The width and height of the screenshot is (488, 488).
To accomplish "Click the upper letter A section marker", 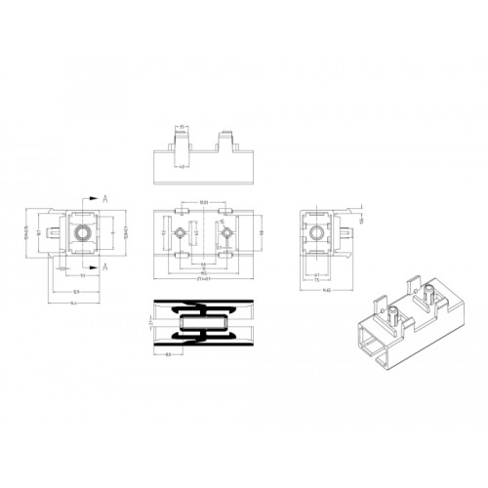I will (103, 196).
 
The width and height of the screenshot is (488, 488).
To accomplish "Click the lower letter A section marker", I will (103, 266).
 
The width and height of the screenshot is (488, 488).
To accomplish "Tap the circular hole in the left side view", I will (82, 232).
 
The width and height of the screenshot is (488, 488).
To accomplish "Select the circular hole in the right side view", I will (315, 232).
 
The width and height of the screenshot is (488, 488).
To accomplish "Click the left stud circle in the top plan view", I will (181, 234).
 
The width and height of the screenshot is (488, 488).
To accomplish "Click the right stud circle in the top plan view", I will (226, 234).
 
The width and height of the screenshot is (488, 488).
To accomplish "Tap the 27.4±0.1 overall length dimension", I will (203, 279).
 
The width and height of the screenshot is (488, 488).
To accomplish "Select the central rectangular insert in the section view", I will (203, 323).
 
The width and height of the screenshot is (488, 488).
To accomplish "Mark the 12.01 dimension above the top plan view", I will (203, 202).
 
